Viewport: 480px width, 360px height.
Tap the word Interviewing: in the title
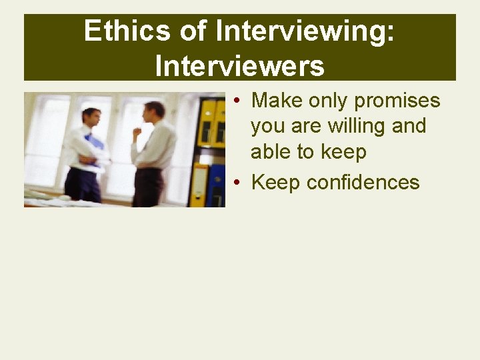(x=305, y=31)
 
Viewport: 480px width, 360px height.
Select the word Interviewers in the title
(x=239, y=65)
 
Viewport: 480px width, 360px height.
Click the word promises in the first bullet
(x=397, y=101)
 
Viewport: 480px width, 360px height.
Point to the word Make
(x=275, y=101)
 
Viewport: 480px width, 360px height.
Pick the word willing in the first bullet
(x=363, y=126)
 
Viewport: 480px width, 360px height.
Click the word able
(x=271, y=152)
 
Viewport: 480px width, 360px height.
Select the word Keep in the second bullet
(x=275, y=182)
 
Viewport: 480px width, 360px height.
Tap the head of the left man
(x=91, y=117)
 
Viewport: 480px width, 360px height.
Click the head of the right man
(x=154, y=111)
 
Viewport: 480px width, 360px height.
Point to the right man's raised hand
(x=137, y=133)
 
